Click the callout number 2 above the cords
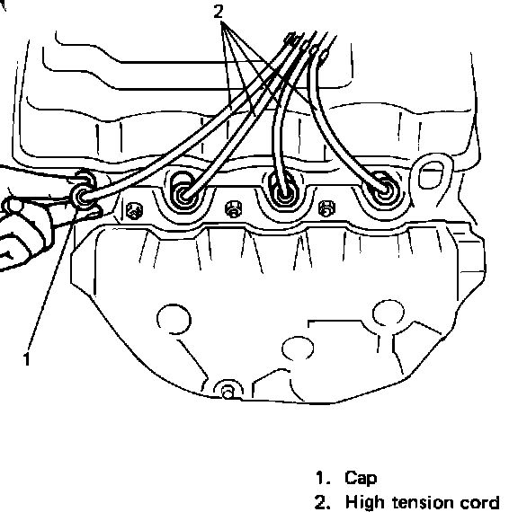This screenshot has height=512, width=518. (219, 12)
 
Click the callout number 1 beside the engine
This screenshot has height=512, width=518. (27, 358)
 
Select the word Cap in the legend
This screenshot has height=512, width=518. (361, 479)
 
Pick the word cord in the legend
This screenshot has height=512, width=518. (479, 503)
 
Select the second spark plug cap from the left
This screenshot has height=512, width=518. (183, 194)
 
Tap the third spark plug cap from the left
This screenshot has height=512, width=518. (284, 193)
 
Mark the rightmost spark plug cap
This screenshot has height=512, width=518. (383, 190)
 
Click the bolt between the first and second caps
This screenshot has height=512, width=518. (135, 210)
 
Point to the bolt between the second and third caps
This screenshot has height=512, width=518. (233, 209)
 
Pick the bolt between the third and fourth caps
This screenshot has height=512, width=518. (327, 208)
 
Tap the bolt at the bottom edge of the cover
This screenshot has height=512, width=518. (228, 392)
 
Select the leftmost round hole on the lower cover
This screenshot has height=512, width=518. (174, 319)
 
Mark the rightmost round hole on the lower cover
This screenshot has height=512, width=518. (388, 313)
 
